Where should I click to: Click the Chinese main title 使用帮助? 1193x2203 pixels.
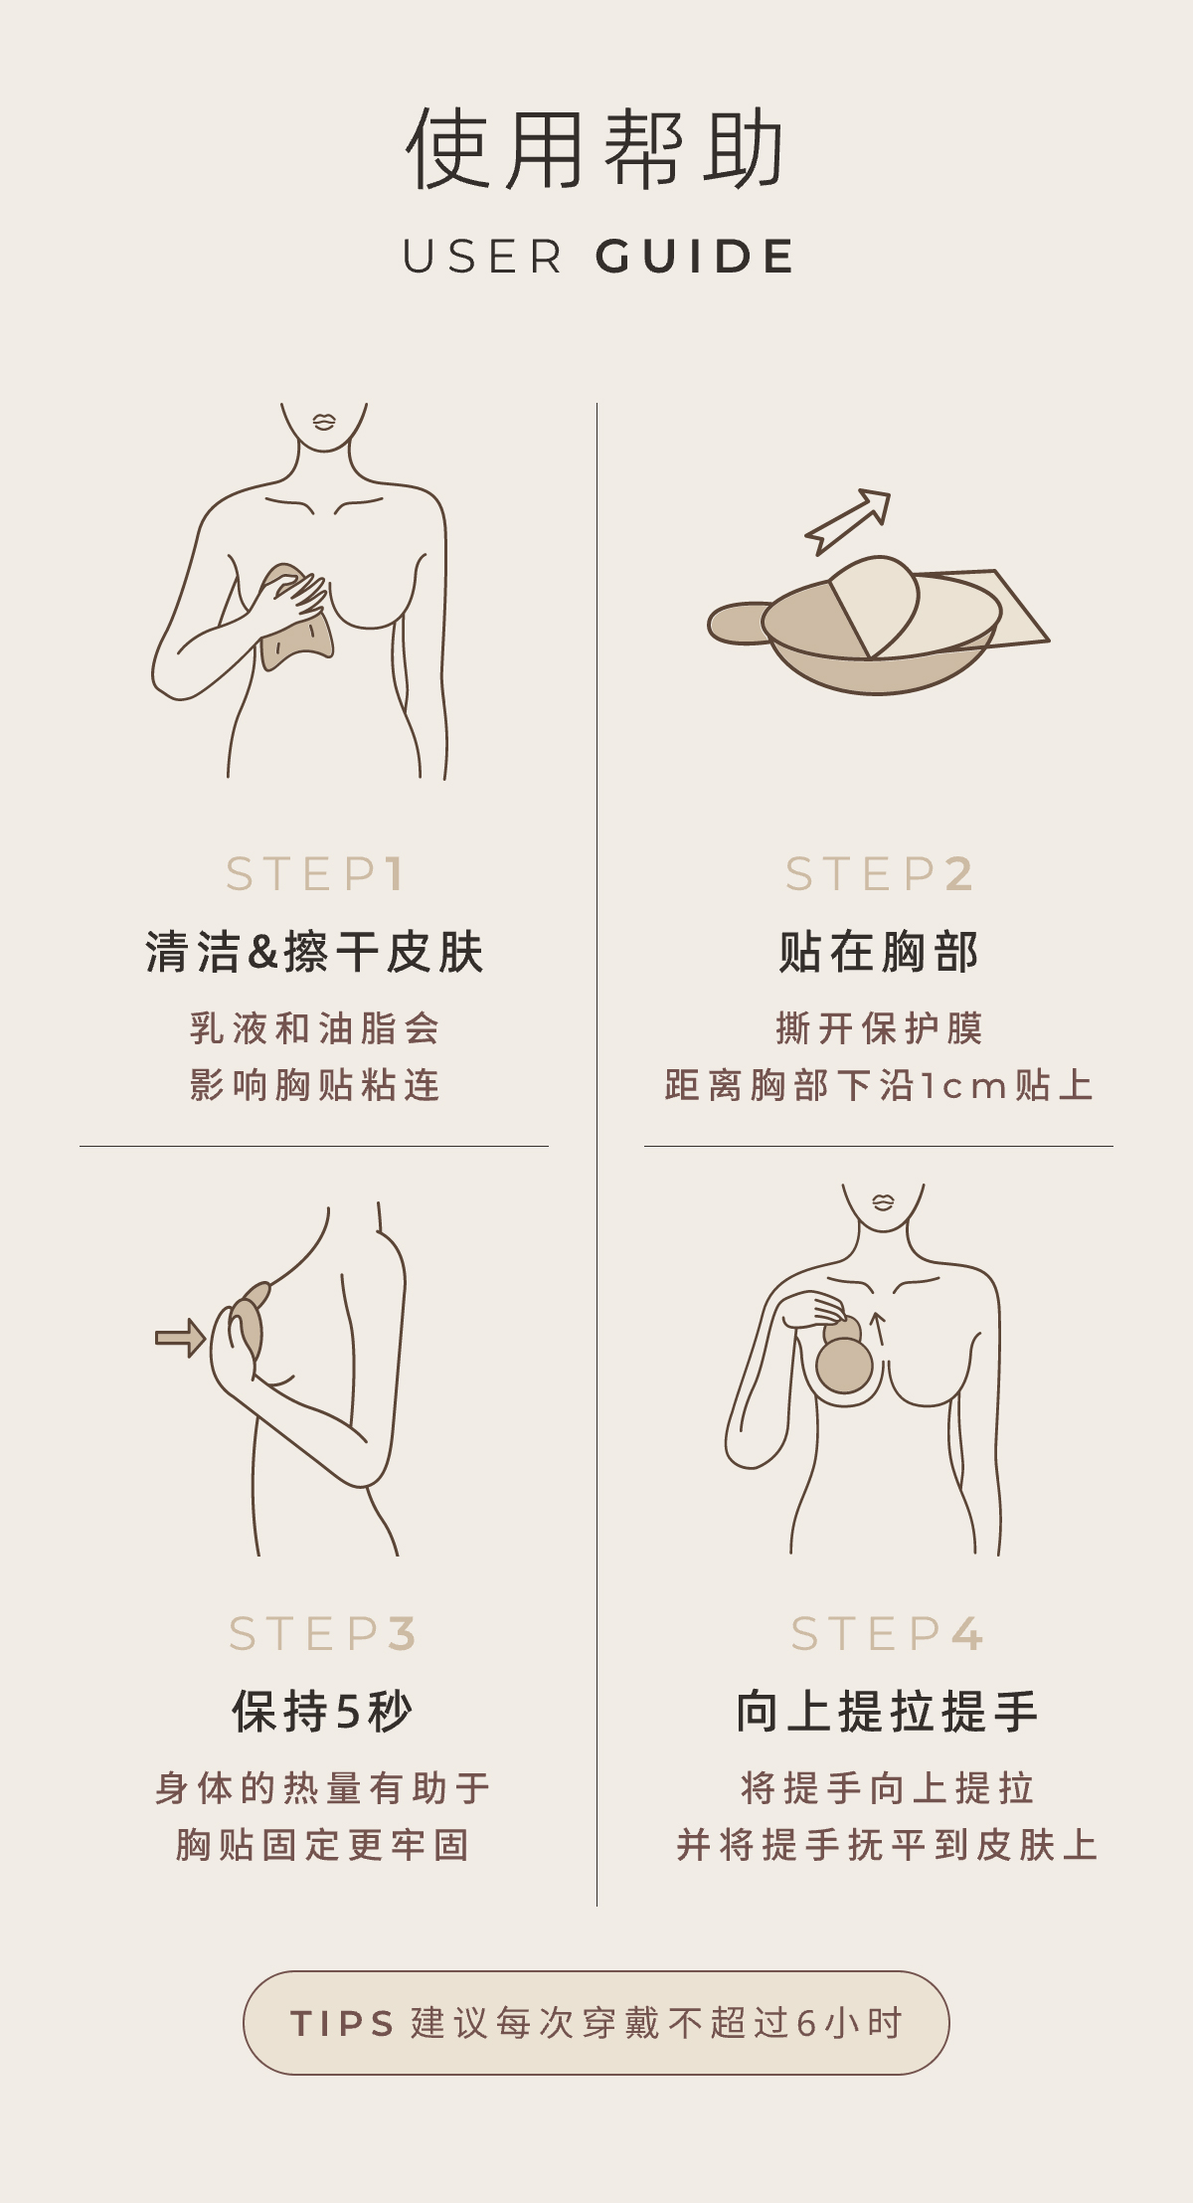596,149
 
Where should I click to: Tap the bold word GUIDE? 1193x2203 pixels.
695,257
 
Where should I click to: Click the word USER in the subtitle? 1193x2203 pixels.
482,257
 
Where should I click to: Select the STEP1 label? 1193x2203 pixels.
314,874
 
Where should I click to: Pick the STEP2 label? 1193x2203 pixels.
879,874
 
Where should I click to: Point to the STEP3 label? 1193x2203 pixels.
322,1634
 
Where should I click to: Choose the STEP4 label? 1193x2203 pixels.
887,1634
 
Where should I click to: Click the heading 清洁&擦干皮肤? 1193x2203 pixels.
314,952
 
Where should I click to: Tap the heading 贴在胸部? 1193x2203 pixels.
879,952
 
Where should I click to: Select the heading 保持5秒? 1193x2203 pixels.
322,1712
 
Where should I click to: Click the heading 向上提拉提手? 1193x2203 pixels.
887,1712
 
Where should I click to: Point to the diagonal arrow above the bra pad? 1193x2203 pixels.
848,521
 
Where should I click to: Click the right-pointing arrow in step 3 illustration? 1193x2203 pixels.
181,1338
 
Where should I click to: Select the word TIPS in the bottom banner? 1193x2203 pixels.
342,2023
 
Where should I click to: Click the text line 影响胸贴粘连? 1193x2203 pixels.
314,1085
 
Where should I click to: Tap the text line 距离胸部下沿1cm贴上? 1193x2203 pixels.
879,1085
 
